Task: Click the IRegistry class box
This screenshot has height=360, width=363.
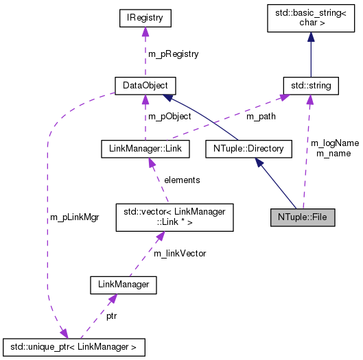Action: [144, 16]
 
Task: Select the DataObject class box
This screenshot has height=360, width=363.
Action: [145, 85]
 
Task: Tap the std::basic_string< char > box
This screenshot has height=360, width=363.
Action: [310, 16]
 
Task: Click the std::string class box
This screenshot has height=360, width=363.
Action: [310, 85]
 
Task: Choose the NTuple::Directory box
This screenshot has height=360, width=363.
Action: [244, 147]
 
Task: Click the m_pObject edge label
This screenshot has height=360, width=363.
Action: [169, 117]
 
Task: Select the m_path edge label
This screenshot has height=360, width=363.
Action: [261, 117]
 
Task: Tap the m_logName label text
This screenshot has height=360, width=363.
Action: [334, 143]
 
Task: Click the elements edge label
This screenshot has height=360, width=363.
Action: [182, 180]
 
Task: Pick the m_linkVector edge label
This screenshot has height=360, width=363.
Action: [180, 253]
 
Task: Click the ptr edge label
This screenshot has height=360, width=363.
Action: [111, 317]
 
